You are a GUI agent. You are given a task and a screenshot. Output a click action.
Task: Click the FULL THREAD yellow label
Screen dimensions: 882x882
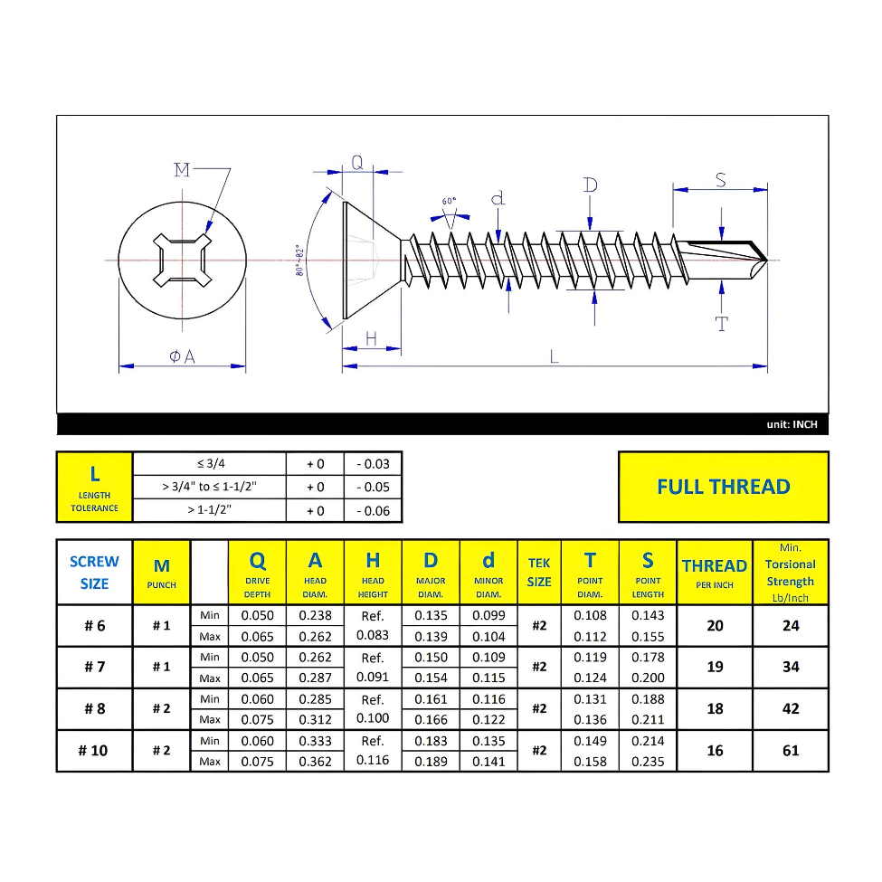pyautogui.click(x=723, y=487)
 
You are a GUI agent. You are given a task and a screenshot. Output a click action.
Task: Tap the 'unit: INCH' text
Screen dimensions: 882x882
pyautogui.click(x=792, y=424)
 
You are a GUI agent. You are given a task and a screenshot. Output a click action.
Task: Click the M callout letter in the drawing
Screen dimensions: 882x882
pyautogui.click(x=182, y=169)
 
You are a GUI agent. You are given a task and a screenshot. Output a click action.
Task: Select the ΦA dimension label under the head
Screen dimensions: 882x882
pyautogui.click(x=182, y=357)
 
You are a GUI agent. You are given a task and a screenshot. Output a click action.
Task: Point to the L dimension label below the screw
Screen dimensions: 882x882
pyautogui.click(x=554, y=356)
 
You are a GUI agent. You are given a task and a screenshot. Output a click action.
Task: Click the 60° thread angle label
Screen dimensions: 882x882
pyautogui.click(x=450, y=201)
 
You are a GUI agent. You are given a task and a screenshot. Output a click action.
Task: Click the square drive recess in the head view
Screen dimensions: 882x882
pyautogui.click(x=183, y=261)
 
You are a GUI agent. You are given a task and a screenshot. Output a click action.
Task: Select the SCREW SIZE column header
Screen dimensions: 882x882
pyautogui.click(x=94, y=573)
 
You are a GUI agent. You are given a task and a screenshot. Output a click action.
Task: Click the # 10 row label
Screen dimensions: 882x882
pyautogui.click(x=94, y=751)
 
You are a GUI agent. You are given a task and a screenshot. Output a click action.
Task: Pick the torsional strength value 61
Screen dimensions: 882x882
pyautogui.click(x=791, y=751)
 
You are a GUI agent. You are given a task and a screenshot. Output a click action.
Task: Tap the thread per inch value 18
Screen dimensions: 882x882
pyautogui.click(x=715, y=709)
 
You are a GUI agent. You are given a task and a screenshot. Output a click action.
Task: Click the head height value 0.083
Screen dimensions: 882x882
pyautogui.click(x=373, y=636)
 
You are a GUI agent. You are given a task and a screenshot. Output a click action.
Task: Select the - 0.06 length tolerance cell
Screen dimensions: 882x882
pyautogui.click(x=373, y=511)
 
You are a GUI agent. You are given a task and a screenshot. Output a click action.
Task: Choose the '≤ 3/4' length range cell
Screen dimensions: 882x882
pyautogui.click(x=210, y=463)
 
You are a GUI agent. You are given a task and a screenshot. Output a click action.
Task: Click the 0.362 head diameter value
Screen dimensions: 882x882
pyautogui.click(x=315, y=762)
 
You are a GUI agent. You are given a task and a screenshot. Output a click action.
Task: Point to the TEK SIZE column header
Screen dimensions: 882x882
pyautogui.click(x=539, y=573)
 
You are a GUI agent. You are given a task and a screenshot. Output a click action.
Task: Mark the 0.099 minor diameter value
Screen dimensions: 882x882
pyautogui.click(x=488, y=616)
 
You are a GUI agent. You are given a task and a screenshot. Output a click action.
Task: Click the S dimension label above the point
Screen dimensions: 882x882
pyautogui.click(x=721, y=180)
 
